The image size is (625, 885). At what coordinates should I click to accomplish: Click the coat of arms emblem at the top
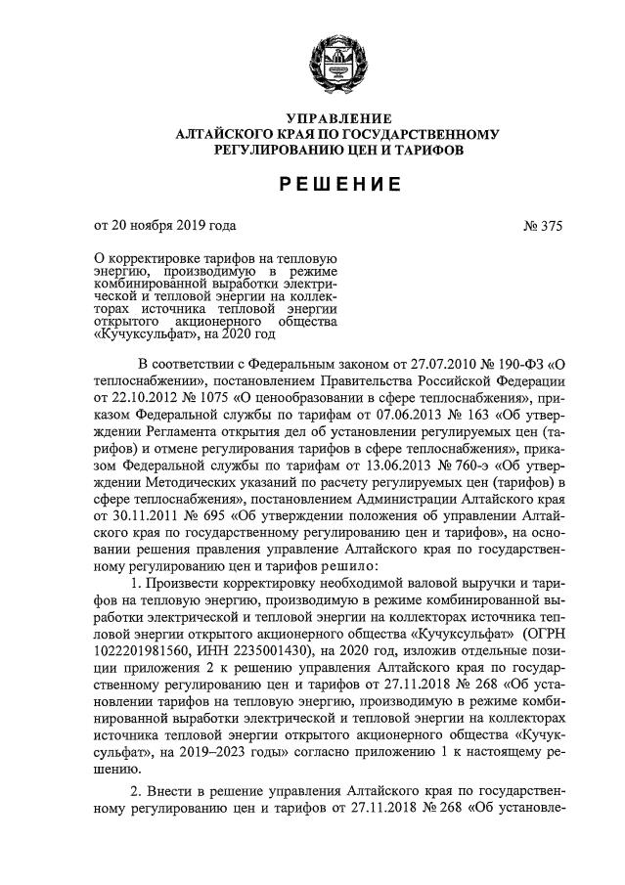[x=329, y=58]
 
